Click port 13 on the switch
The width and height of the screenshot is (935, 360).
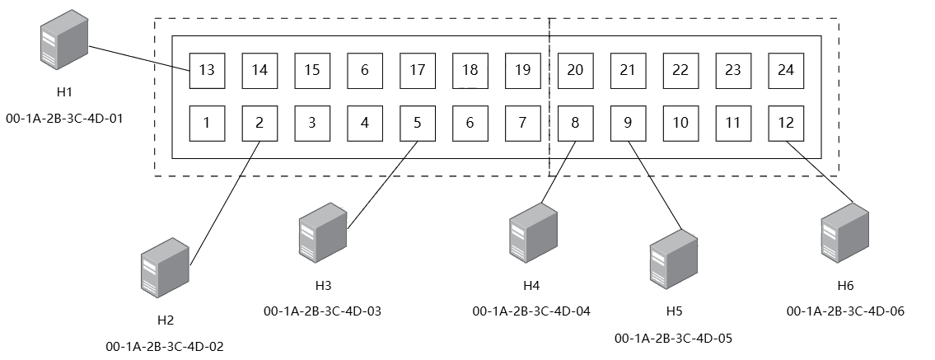pos(207,71)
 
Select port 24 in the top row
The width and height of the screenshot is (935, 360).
pos(786,71)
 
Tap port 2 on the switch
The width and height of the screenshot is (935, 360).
pos(259,124)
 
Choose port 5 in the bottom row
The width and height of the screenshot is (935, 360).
pos(418,124)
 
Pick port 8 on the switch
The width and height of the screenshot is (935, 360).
pos(575,124)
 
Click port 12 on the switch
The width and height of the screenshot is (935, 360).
pos(786,124)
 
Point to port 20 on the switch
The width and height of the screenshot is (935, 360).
pos(575,71)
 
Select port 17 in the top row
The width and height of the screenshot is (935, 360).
pos(418,71)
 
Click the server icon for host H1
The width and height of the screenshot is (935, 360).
pos(64,40)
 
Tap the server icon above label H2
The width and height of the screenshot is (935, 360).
pos(166,268)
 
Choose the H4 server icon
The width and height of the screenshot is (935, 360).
pos(533,232)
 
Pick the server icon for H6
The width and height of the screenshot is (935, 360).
pos(845,232)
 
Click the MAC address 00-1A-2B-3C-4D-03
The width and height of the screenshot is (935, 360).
pos(323,311)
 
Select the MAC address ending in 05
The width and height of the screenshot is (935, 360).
pos(673,339)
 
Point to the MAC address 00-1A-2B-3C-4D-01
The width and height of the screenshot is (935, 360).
pos(64,118)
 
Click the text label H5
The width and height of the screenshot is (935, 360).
pos(674,311)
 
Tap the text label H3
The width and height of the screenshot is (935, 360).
pos(323,286)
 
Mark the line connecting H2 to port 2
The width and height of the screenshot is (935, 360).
pos(225,203)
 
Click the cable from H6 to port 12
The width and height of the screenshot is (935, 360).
pos(819,172)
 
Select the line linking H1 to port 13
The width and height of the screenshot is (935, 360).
pos(139,58)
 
